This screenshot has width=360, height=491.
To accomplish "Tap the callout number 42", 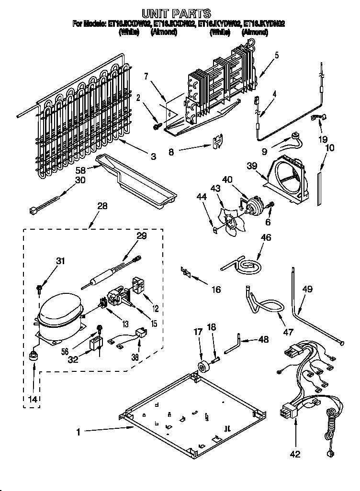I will click(x=295, y=454).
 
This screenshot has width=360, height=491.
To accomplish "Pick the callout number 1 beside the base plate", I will click(x=79, y=432).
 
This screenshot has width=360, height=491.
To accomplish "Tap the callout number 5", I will click(x=277, y=55).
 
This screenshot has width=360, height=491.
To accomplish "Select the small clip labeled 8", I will click(x=219, y=142).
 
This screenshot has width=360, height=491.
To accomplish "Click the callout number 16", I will click(x=216, y=289).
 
